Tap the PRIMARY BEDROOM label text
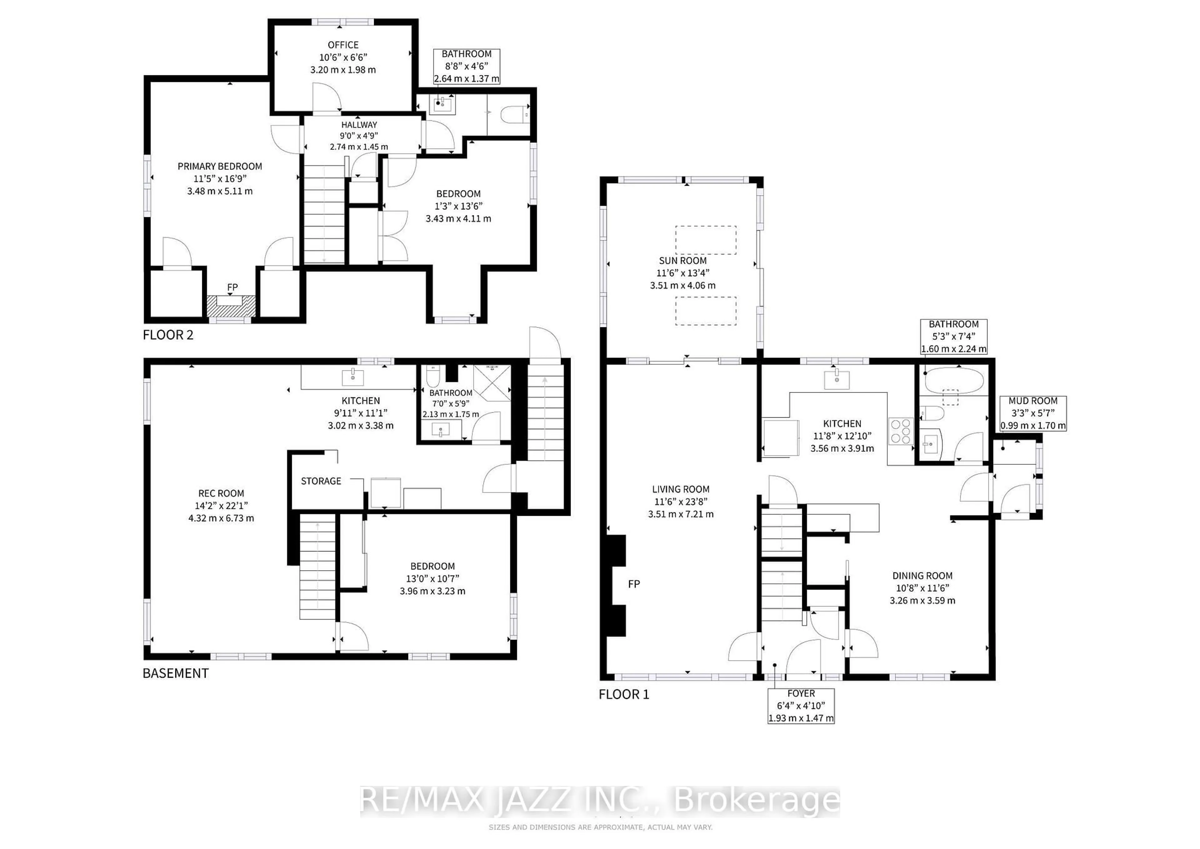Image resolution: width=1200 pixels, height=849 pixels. pyautogui.click(x=219, y=166)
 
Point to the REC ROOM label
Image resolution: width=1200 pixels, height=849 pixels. pyautogui.click(x=221, y=493)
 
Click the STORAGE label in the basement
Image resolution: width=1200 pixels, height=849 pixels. pyautogui.click(x=321, y=481)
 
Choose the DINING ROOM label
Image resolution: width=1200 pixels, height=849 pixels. pyautogui.click(x=922, y=575)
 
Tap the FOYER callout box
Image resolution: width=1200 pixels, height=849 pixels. pyautogui.click(x=801, y=706)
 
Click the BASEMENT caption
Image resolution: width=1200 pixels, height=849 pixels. pyautogui.click(x=176, y=673)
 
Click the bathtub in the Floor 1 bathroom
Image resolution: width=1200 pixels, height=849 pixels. pyautogui.click(x=954, y=382)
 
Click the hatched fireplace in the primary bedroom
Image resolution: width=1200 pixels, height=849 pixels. pyautogui.click(x=231, y=306)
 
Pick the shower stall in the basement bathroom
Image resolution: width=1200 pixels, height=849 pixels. pyautogui.click(x=492, y=383)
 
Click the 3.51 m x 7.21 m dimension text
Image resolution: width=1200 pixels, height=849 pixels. pyautogui.click(x=681, y=514)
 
